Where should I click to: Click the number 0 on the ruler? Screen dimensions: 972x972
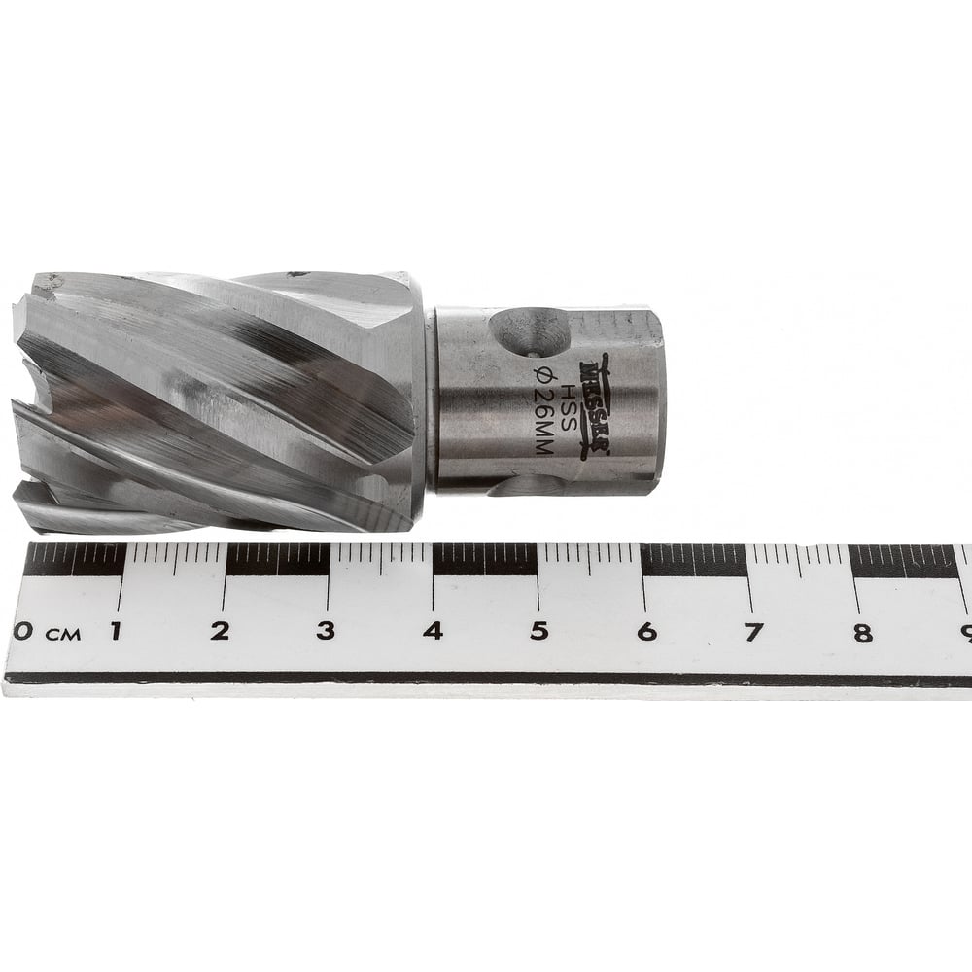point(23,631)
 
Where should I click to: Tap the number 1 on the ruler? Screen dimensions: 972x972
point(115,631)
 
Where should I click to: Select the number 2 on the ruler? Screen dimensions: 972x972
point(220,631)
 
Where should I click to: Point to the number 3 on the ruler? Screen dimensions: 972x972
point(326,631)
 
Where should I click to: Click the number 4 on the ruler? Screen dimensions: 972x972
point(434,631)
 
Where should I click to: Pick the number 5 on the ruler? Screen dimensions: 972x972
point(539,631)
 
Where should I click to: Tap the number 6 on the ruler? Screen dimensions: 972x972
point(646,632)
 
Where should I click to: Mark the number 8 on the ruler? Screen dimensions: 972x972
point(862,633)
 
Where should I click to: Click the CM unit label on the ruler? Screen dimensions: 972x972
point(62,634)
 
